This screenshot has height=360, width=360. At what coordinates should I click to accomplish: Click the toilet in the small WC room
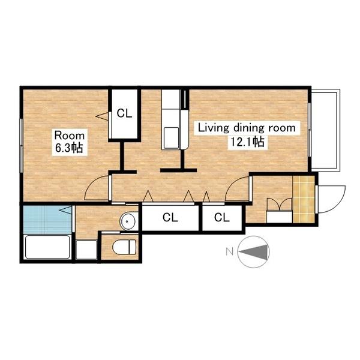124,247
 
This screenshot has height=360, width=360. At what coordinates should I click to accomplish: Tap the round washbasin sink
127,221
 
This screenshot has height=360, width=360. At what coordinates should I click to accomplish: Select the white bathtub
47,247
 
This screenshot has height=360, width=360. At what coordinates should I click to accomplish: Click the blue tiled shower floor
47,219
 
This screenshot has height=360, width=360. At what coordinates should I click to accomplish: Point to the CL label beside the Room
124,113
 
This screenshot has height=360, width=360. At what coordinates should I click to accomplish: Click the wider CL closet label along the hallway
170,217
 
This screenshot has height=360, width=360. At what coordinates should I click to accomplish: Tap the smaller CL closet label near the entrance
222,217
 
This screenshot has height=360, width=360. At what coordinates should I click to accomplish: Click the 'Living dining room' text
247,128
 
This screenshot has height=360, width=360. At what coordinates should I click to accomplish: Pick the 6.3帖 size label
69,148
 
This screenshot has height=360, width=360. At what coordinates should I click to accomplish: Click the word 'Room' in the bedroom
70,136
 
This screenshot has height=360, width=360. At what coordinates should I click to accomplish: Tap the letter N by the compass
230,251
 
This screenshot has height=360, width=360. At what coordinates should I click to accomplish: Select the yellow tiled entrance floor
304,199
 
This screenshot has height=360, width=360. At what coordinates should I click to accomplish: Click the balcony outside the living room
325,130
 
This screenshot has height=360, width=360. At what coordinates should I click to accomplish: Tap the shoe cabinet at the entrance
280,217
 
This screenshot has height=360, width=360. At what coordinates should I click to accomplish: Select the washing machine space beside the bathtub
86,250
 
